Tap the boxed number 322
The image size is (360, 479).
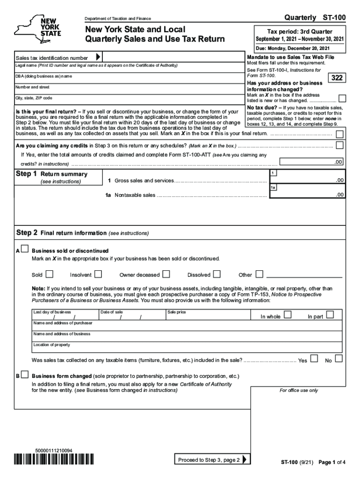(337, 78)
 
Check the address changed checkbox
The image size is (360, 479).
(342, 98)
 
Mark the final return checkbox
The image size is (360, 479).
(339, 134)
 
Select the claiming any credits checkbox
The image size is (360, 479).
(339, 145)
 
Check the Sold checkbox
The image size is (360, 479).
(50, 274)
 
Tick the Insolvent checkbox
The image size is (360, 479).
(98, 274)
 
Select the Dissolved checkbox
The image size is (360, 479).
(217, 274)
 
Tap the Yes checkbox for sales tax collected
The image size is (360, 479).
(314, 359)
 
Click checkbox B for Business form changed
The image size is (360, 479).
(24, 375)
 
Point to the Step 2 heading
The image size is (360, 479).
(27, 232)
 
